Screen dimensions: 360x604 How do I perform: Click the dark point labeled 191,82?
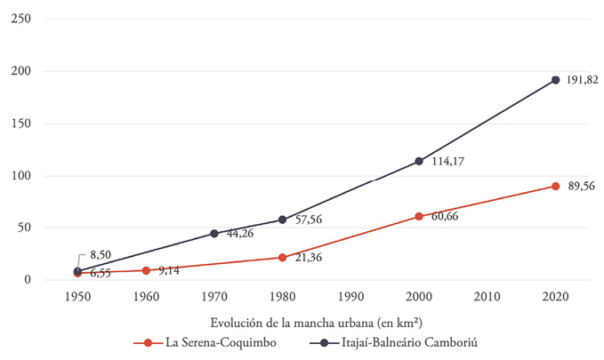[x=555, y=80]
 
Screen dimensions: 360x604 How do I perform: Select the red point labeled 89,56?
[x=555, y=186]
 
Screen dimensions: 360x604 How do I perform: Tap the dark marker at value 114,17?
[x=419, y=161]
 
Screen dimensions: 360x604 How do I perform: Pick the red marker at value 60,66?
[x=419, y=216]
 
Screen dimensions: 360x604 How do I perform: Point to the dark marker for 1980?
[x=282, y=220]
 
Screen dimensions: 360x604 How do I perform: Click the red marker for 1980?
[x=282, y=258]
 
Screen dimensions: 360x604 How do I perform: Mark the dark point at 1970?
[x=214, y=234]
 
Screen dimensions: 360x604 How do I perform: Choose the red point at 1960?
[x=146, y=270]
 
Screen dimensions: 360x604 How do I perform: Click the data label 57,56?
[x=310, y=220]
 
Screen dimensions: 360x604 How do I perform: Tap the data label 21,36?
[x=310, y=258]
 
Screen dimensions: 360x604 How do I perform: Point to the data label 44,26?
[x=242, y=234]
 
